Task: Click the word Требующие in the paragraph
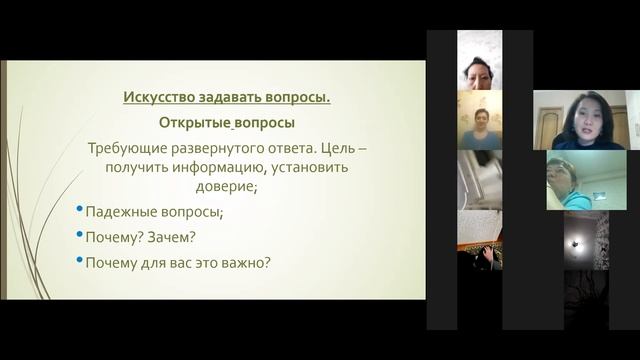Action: pos(127,147)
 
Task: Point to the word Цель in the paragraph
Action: pos(334,147)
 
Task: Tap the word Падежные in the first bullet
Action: pos(119,212)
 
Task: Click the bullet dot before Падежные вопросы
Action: pos(79,211)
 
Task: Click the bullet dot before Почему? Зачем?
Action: pos(79,237)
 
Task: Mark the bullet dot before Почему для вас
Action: pos(79,263)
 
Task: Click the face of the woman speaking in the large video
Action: pos(583,116)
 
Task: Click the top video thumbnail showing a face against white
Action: pos(479,70)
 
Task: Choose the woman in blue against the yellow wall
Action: pos(479,126)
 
